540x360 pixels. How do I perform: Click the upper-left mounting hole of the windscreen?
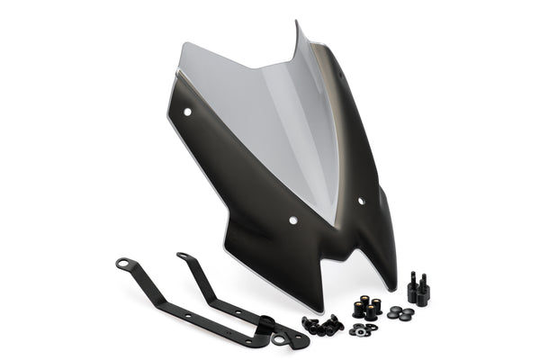pyautogui.click(x=188, y=112)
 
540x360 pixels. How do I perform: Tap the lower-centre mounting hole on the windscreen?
pyautogui.click(x=293, y=220)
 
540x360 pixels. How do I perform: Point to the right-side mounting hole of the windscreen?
pyautogui.click(x=361, y=201)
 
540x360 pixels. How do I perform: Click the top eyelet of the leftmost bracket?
pyautogui.click(x=121, y=264)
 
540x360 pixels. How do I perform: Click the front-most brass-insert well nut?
pyautogui.click(x=370, y=315)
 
